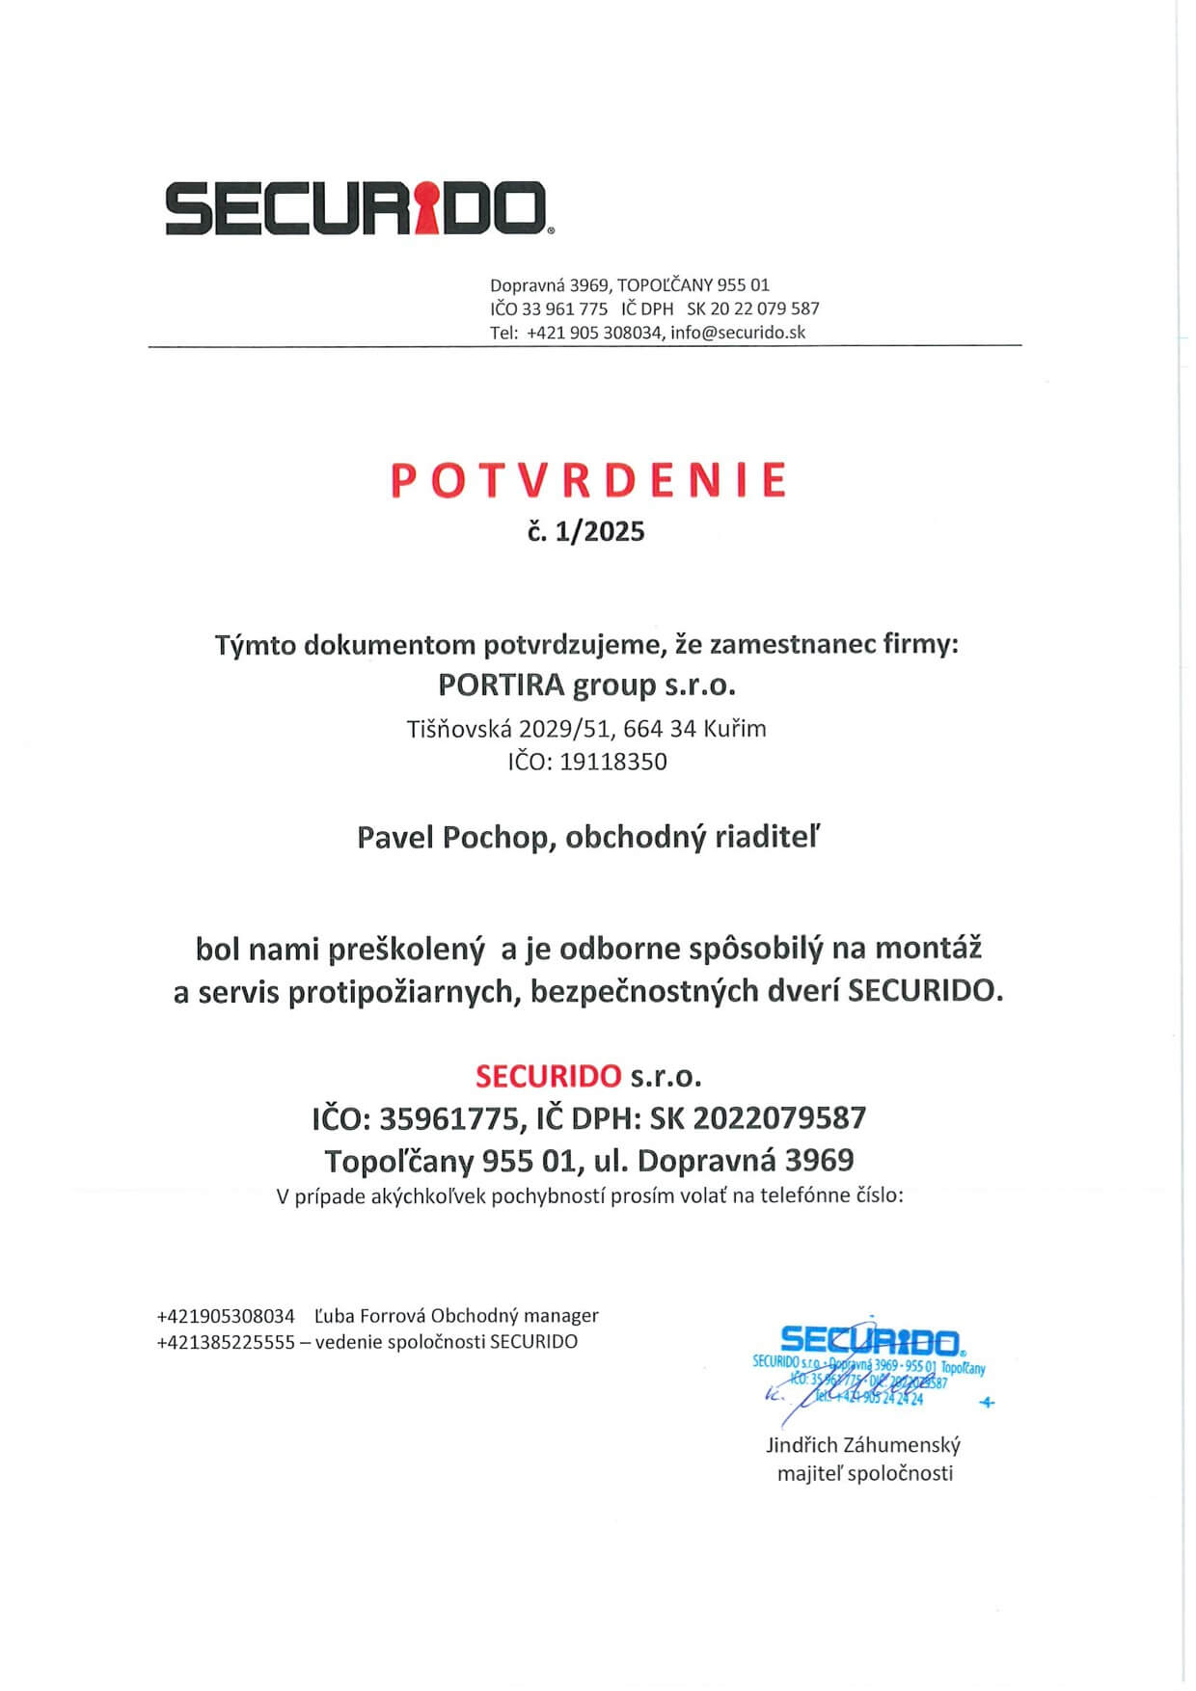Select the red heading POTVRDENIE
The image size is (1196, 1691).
click(588, 481)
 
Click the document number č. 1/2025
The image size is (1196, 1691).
click(586, 531)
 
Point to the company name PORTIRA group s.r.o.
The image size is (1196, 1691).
click(586, 684)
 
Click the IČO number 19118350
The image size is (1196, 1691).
click(613, 762)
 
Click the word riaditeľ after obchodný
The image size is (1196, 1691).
click(767, 837)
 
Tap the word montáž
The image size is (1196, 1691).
click(928, 949)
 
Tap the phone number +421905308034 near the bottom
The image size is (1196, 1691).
click(226, 1316)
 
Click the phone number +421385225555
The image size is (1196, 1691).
click(226, 1342)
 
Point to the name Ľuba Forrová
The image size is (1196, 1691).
click(369, 1316)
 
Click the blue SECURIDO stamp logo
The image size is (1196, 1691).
click(868, 1340)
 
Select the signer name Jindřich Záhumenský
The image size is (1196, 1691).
click(863, 1445)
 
